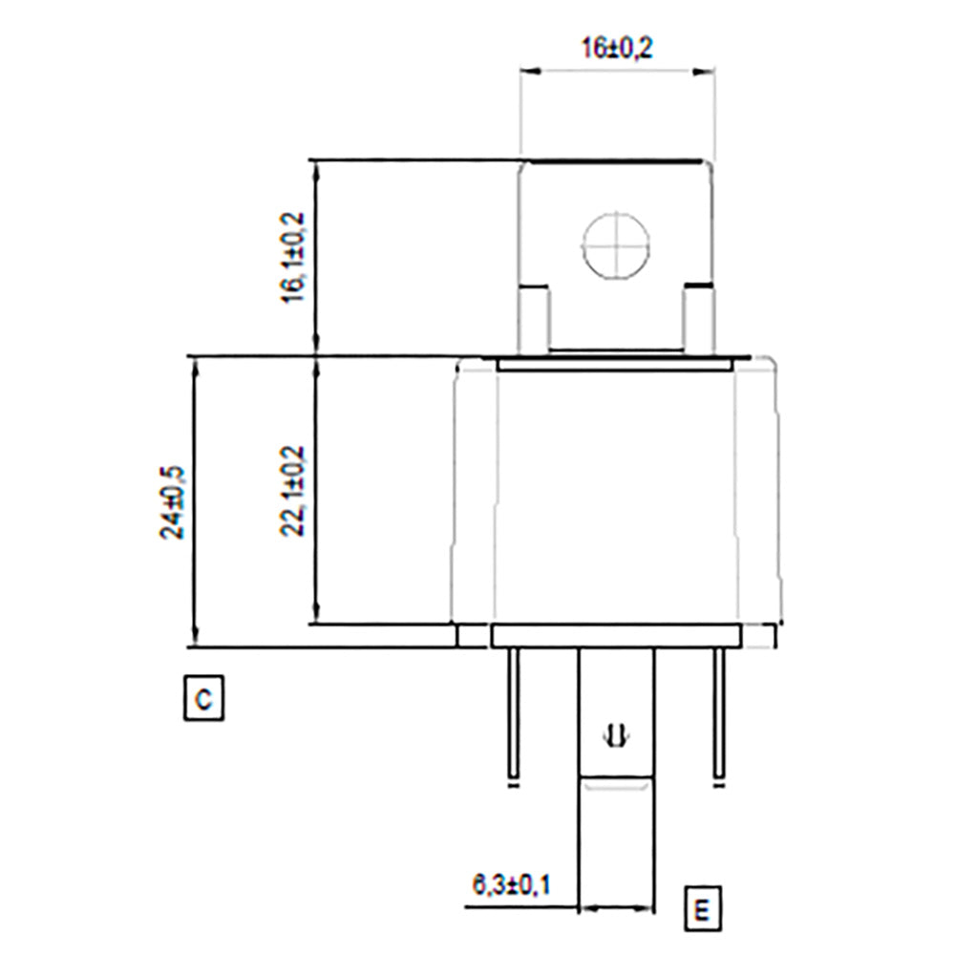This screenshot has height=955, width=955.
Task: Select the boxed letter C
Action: tap(202, 698)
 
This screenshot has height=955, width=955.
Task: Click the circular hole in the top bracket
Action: tap(616, 244)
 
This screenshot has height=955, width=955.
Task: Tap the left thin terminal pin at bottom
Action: tap(514, 711)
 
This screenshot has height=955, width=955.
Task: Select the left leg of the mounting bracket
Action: tap(535, 320)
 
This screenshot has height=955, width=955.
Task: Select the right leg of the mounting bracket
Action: tap(698, 320)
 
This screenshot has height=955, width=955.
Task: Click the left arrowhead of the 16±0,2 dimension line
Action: tap(526, 71)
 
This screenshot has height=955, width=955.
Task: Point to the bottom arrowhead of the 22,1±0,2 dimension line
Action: tap(315, 618)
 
